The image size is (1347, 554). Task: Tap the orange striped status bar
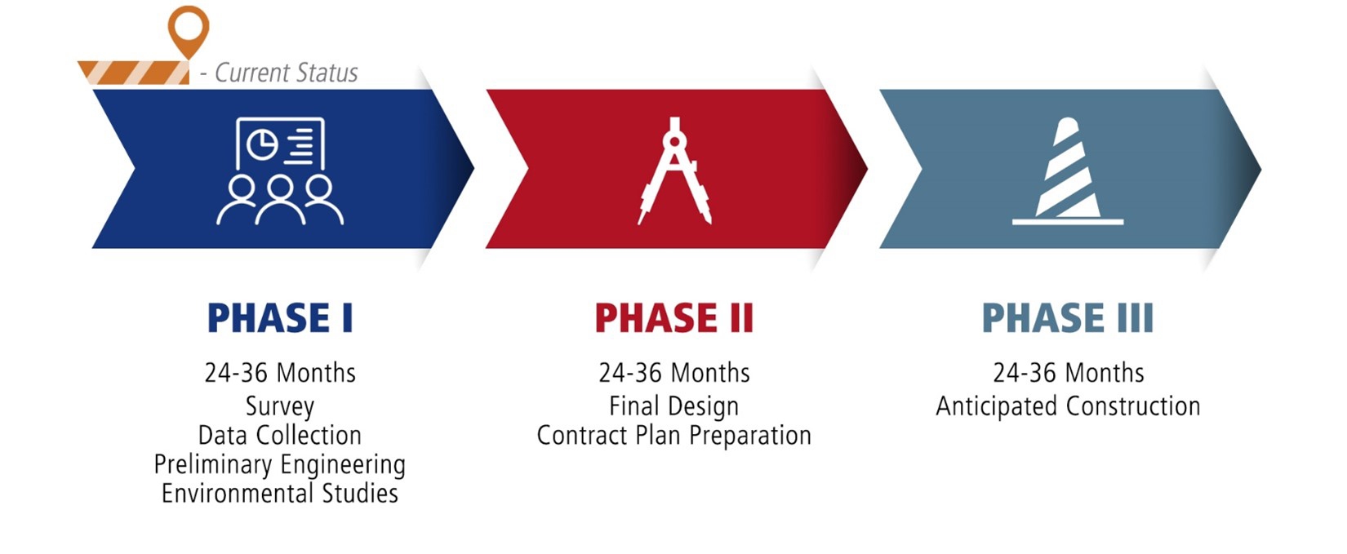click(134, 73)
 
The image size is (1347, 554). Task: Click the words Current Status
click(287, 73)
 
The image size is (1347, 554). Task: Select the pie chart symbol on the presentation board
click(262, 144)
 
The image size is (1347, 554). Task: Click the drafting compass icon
click(674, 171)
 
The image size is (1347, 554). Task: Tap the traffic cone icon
click(1068, 171)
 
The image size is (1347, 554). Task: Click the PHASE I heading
click(280, 318)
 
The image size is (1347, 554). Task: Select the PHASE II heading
click(674, 318)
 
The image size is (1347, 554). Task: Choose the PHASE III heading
click(1068, 318)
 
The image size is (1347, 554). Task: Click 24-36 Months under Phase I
click(280, 373)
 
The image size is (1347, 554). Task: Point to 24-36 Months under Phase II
click(674, 373)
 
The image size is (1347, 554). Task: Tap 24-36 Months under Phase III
click(1069, 373)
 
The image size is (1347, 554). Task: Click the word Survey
click(280, 407)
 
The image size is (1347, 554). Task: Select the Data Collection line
click(280, 436)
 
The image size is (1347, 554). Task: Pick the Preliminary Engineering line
click(280, 465)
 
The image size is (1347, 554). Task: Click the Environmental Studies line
click(280, 494)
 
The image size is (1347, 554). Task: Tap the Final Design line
click(674, 407)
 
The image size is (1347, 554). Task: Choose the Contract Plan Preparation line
click(674, 436)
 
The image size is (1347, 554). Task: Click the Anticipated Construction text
click(1068, 407)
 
